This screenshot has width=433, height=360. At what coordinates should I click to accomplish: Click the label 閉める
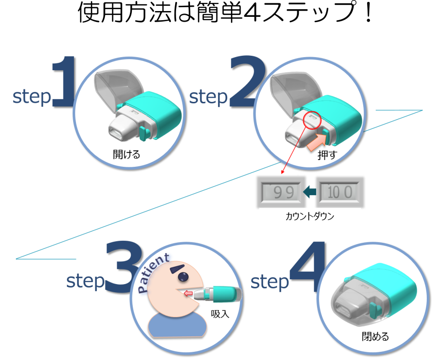point(375,336)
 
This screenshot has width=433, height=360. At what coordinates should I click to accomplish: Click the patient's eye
point(183,277)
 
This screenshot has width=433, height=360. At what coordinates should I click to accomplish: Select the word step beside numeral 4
point(269,283)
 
